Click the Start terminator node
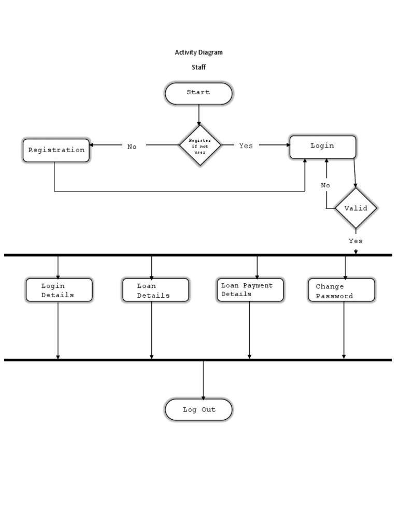point(198,93)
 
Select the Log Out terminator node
point(198,409)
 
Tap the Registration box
point(56,150)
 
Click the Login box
point(322,146)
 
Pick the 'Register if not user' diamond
point(200,145)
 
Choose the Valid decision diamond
point(356,208)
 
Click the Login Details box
point(59,290)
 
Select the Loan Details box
point(155,290)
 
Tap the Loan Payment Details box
point(249,289)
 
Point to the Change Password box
point(341,290)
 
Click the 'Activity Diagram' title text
point(198,52)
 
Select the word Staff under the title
point(198,67)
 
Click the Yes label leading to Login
point(246,146)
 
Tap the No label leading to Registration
point(132,146)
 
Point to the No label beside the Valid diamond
point(325,185)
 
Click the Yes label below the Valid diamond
point(356,241)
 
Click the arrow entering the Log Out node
point(203,380)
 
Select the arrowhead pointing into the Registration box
point(92,145)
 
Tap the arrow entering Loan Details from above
point(151,268)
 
